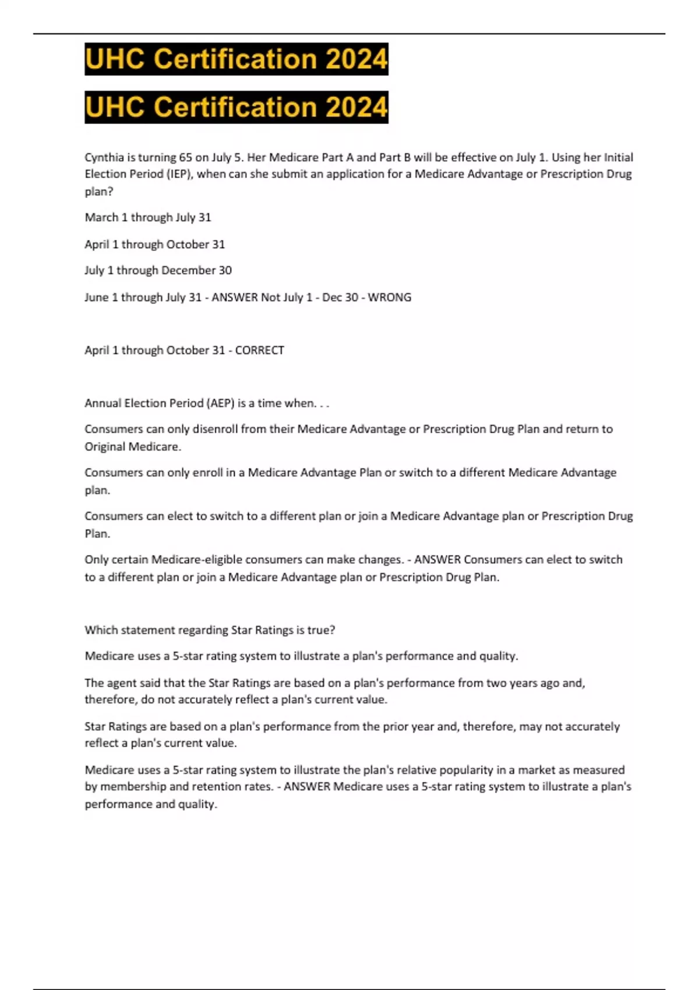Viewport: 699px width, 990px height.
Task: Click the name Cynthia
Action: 104,157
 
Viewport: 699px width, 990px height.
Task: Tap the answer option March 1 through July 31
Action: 148,218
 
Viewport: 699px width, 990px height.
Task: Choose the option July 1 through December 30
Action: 158,270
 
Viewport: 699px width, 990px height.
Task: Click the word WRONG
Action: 389,297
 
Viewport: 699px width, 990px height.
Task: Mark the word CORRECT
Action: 259,350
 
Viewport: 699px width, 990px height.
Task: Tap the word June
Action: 97,297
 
